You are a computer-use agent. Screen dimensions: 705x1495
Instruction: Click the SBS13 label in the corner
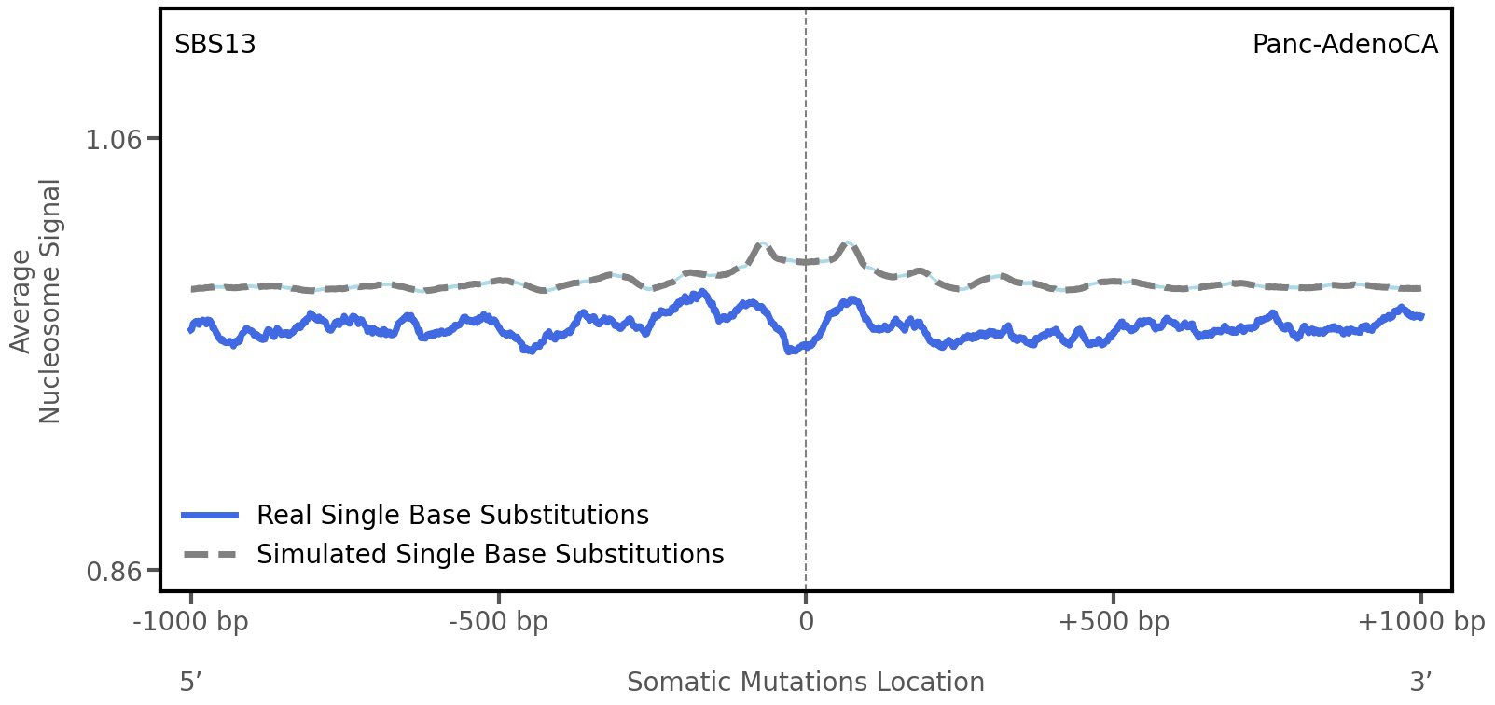pyautogui.click(x=215, y=45)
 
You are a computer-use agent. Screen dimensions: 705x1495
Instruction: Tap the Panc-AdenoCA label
pyautogui.click(x=1344, y=45)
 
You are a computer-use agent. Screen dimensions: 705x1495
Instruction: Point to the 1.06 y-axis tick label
pyautogui.click(x=114, y=140)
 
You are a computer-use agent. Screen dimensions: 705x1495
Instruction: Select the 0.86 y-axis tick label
pyautogui.click(x=114, y=571)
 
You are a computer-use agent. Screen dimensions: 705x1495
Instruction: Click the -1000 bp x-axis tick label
pyautogui.click(x=191, y=622)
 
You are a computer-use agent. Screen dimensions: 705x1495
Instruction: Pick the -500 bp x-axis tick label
pyautogui.click(x=498, y=622)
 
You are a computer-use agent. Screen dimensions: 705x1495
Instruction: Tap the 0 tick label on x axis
pyautogui.click(x=806, y=622)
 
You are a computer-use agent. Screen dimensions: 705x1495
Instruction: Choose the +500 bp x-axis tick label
pyautogui.click(x=1113, y=622)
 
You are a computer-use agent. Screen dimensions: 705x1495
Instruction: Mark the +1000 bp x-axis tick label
pyautogui.click(x=1420, y=622)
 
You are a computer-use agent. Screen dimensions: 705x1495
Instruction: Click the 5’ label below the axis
pyautogui.click(x=191, y=682)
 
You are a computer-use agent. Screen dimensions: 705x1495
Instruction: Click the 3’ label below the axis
pyautogui.click(x=1420, y=682)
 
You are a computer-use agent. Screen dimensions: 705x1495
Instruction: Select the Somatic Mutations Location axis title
pyautogui.click(x=805, y=682)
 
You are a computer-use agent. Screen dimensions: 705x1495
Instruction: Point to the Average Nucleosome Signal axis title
pyautogui.click(x=36, y=300)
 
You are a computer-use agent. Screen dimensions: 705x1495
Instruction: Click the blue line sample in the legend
pyautogui.click(x=211, y=516)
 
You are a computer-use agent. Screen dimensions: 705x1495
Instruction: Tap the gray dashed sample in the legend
pyautogui.click(x=211, y=555)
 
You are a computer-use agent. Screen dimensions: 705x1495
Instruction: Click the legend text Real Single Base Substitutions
pyautogui.click(x=452, y=516)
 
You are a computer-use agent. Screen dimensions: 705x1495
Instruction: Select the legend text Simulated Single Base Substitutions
pyautogui.click(x=490, y=555)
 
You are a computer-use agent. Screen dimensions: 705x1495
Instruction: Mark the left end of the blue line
pyautogui.click(x=191, y=329)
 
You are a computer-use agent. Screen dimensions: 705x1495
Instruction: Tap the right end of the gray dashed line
pyautogui.click(x=1419, y=288)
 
